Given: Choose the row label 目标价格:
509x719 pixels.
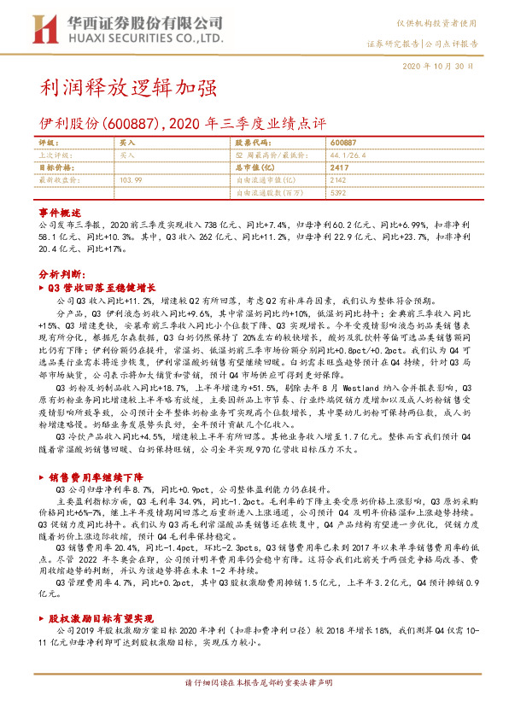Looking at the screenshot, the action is (x=58, y=168).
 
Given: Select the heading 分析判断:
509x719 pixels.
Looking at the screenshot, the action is (x=61, y=275).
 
